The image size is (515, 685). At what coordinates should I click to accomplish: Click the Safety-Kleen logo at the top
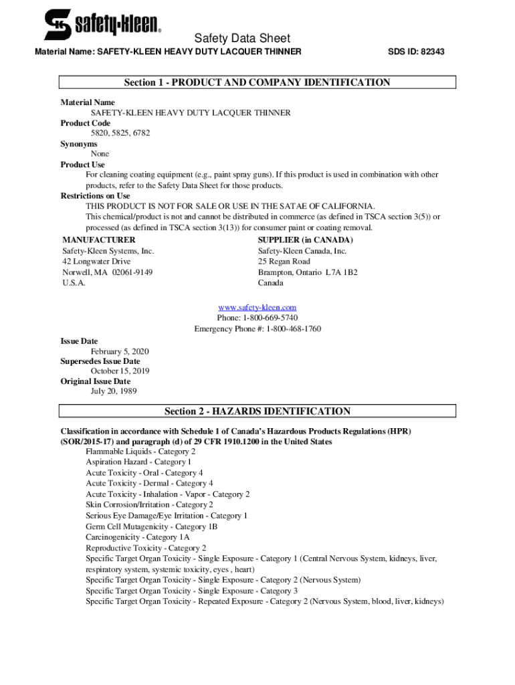pyautogui.click(x=102, y=25)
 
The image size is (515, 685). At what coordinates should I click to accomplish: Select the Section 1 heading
pyautogui.click(x=257, y=83)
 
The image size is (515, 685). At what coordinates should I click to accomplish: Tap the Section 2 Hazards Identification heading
pyautogui.click(x=257, y=411)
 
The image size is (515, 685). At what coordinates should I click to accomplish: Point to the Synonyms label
pyautogui.click(x=79, y=144)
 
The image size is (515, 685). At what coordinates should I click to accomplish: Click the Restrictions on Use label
pyautogui.click(x=96, y=196)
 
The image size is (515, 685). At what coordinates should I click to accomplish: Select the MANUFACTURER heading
pyautogui.click(x=98, y=240)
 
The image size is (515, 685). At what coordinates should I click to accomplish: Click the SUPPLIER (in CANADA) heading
pyautogui.click(x=306, y=240)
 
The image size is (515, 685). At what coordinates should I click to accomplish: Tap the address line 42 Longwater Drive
pyautogui.click(x=96, y=262)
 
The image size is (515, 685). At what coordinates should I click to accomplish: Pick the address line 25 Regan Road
pyautogui.click(x=284, y=262)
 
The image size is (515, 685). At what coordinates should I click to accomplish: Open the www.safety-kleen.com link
pyautogui.click(x=257, y=307)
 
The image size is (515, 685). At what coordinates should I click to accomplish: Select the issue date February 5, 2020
pyautogui.click(x=120, y=351)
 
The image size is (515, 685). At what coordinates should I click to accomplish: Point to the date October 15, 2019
pyautogui.click(x=120, y=371)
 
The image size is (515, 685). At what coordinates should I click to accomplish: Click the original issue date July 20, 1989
pyautogui.click(x=114, y=391)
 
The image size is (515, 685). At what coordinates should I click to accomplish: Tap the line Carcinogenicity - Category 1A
pyautogui.click(x=138, y=537)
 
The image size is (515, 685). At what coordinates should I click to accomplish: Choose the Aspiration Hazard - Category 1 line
pyautogui.click(x=138, y=462)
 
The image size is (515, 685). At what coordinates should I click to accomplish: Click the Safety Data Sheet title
pyautogui.click(x=242, y=38)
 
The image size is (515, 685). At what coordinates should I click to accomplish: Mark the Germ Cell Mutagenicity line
pyautogui.click(x=151, y=526)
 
